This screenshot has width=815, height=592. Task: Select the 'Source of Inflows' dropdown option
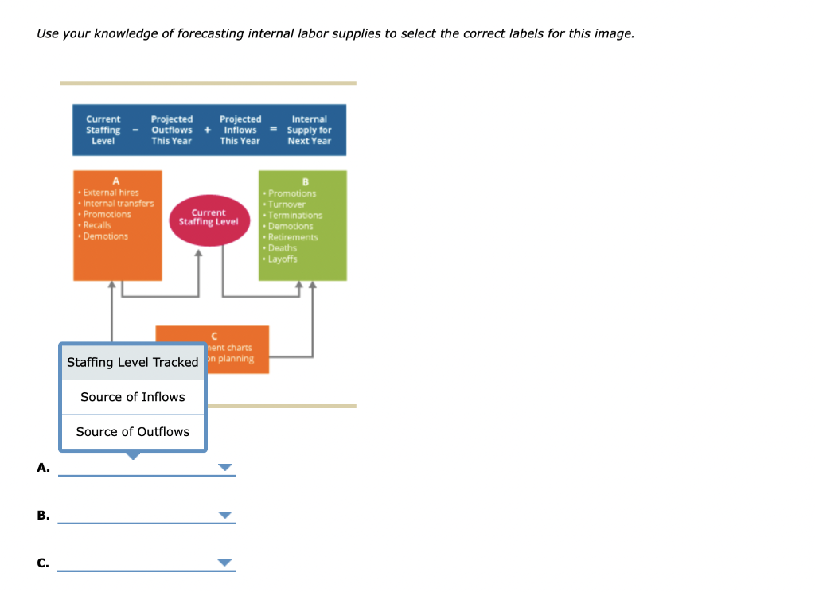pos(132,397)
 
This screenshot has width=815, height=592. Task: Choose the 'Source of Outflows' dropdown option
pos(132,432)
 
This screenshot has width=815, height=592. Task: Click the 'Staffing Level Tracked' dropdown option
pos(132,362)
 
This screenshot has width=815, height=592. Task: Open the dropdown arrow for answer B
pos(226,516)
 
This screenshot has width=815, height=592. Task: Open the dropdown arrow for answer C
pos(226,563)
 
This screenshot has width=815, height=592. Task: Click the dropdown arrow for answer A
pos(226,468)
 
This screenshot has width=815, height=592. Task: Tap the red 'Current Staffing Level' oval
pos(209,217)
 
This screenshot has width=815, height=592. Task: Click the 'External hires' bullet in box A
pos(111,193)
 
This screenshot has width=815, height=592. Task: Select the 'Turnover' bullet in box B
pos(287,204)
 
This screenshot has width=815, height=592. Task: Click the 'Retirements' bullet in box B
pos(292,237)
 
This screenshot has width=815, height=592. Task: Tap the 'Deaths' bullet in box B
pos(282,248)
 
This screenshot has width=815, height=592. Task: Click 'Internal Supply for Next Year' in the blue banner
pos(310,130)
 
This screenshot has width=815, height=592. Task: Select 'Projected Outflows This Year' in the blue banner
pos(172,130)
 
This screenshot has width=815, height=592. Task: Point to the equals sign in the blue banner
pos(271,130)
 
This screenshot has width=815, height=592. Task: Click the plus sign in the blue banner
pos(207,130)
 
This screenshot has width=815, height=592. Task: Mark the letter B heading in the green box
pos(302,181)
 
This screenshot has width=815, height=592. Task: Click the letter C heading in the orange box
pos(213,337)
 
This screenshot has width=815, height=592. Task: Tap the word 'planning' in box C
pos(236,359)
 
